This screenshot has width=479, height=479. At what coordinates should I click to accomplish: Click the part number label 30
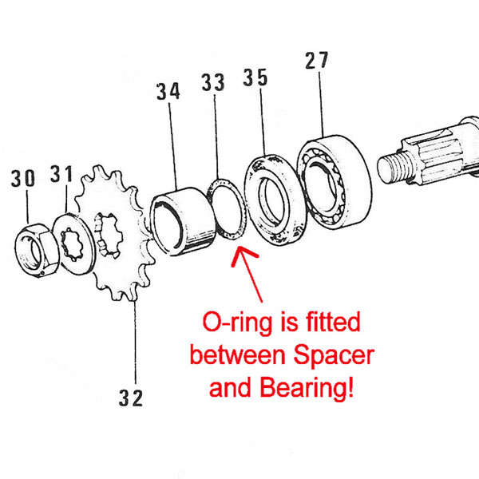pyautogui.click(x=23, y=178)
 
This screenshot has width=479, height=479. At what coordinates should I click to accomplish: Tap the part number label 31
pyautogui.click(x=61, y=174)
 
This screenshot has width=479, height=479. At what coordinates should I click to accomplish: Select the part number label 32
pyautogui.click(x=131, y=398)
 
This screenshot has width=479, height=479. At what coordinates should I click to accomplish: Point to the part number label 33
pyautogui.click(x=213, y=82)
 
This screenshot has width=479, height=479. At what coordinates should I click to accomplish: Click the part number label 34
pyautogui.click(x=168, y=91)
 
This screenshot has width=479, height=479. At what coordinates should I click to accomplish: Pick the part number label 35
pyautogui.click(x=255, y=77)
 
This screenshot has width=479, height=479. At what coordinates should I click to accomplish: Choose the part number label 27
pyautogui.click(x=317, y=60)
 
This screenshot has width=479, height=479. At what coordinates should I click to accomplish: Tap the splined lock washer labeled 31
pyautogui.click(x=74, y=244)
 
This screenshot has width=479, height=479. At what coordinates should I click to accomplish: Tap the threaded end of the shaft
pyautogui.click(x=393, y=167)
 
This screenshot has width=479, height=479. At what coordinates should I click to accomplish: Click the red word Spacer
pyautogui.click(x=334, y=356)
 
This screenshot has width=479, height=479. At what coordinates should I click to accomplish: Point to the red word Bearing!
pyautogui.click(x=307, y=387)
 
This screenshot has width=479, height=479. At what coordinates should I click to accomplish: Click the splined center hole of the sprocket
pyautogui.click(x=109, y=235)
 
